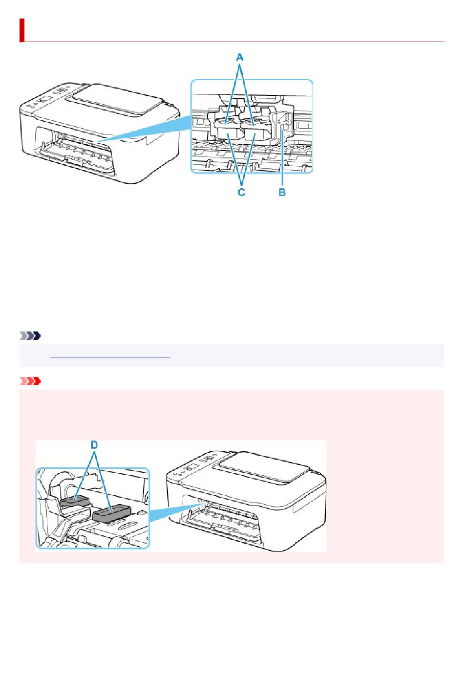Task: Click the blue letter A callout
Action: (x=240, y=57)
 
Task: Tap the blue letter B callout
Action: (x=282, y=192)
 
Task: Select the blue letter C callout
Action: (x=241, y=192)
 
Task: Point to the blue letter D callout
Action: (x=95, y=445)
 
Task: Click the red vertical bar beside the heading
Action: (x=22, y=30)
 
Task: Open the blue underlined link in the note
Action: (x=110, y=356)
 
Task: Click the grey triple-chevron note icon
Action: (x=30, y=336)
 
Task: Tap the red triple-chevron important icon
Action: (x=30, y=381)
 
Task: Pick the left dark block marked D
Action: (x=74, y=501)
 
